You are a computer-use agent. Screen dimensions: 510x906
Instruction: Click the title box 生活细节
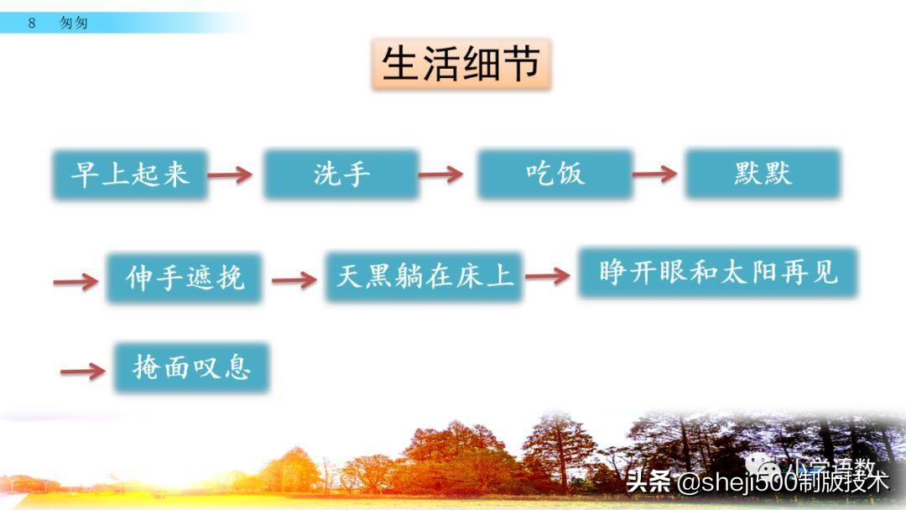pos(461,64)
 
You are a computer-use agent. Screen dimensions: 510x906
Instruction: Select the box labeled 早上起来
pos(130,174)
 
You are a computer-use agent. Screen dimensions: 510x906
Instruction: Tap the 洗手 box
pos(341,174)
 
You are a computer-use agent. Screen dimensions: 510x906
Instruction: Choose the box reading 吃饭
pos(555,174)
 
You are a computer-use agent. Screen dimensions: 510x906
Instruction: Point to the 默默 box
pos(762,174)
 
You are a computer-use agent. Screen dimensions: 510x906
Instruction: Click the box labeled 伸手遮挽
pos(185,277)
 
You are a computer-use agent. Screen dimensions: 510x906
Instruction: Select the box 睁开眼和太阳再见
pos(717,272)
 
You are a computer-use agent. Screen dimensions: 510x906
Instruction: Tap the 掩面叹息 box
pos(191,367)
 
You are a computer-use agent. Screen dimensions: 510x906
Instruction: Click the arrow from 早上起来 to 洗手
pos(230,174)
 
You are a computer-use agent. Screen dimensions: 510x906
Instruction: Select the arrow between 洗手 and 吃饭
pos(441,174)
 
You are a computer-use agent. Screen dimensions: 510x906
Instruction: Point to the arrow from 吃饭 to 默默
pos(654,174)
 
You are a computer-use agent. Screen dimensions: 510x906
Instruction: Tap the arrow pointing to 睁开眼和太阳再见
pos(548,276)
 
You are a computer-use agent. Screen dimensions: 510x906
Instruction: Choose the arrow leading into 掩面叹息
pos(83,371)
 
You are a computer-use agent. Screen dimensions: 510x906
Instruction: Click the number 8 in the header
pos(32,23)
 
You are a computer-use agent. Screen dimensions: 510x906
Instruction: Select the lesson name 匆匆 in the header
pos(74,23)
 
